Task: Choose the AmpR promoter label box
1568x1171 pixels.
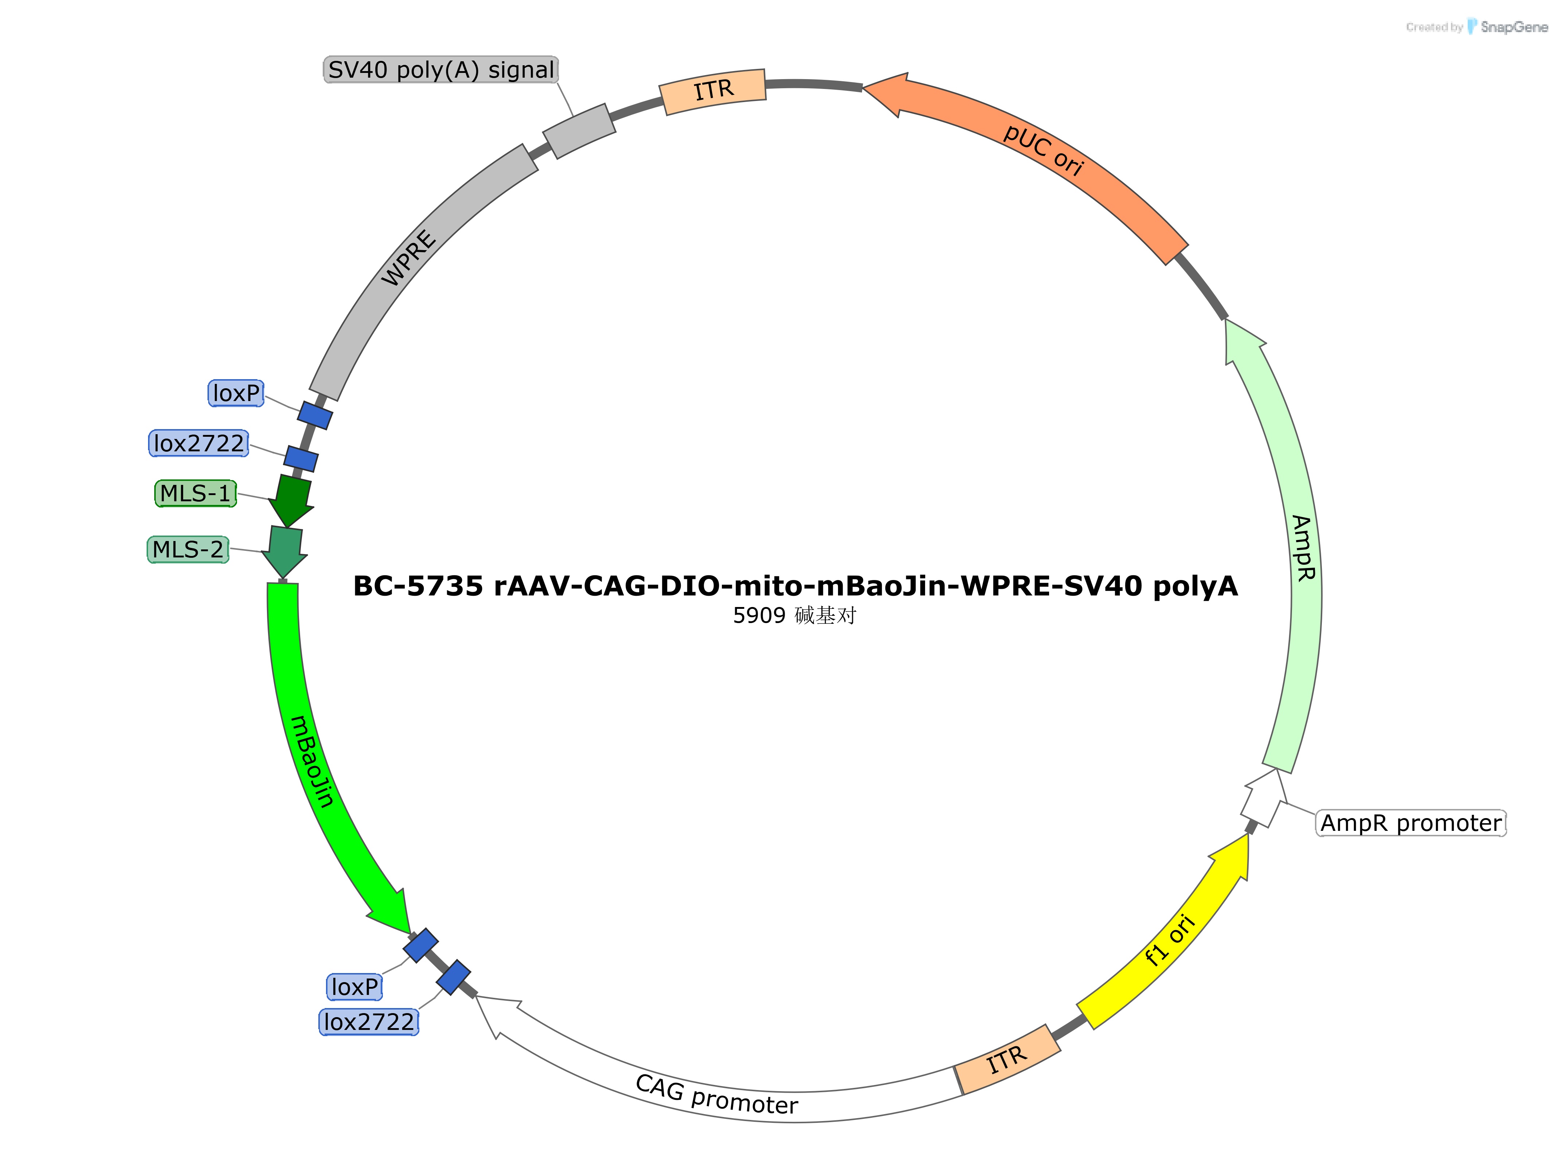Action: tap(1410, 823)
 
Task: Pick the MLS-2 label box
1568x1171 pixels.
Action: tap(188, 549)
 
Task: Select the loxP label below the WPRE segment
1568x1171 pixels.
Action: tap(236, 393)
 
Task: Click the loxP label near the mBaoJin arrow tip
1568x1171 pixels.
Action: tap(354, 986)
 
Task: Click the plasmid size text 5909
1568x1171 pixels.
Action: tap(758, 615)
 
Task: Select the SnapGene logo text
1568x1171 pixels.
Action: tap(1513, 27)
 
